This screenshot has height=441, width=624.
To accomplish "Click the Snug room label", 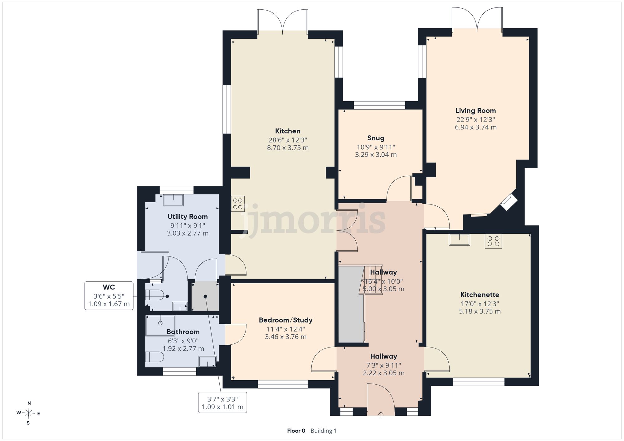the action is click(x=376, y=138).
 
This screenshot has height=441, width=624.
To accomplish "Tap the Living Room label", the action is click(x=475, y=111).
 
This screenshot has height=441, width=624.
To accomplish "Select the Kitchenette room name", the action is click(x=480, y=295).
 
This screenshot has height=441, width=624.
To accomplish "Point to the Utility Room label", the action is click(x=188, y=217).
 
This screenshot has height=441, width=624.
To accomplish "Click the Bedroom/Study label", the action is click(x=285, y=320).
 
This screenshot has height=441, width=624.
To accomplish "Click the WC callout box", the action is click(x=109, y=295).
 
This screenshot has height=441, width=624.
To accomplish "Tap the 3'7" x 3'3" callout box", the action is click(x=222, y=402).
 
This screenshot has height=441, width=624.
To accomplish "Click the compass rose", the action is click(x=28, y=413).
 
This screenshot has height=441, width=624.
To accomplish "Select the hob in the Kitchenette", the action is click(x=493, y=241).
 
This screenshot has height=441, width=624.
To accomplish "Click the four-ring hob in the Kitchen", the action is click(x=238, y=204).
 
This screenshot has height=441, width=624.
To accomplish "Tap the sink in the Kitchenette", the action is click(x=459, y=240).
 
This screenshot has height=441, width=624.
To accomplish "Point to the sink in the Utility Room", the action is click(x=173, y=200).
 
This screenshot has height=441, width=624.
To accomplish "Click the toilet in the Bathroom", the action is click(x=154, y=357).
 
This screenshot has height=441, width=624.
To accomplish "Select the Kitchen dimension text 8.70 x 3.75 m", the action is click(x=288, y=148).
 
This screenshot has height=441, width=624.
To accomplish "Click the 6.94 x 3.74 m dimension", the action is click(x=476, y=127).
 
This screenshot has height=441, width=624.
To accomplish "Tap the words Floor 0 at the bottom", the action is click(x=296, y=431).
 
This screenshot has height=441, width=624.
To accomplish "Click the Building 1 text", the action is click(x=324, y=431).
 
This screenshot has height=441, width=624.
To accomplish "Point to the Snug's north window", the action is click(x=379, y=105).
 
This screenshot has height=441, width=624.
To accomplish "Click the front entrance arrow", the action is click(x=381, y=414).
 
